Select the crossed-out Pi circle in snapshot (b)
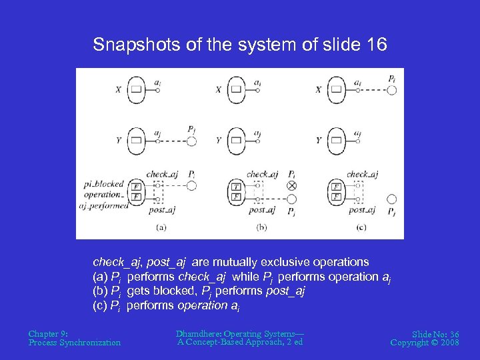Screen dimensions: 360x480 [291, 186]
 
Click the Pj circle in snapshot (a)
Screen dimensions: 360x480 [191, 141]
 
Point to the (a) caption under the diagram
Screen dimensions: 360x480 [161, 227]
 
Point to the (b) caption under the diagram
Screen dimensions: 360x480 [261, 227]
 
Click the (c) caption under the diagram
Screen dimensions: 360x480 [361, 227]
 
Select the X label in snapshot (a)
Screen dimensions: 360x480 [117, 89]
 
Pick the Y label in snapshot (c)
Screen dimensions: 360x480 [319, 141]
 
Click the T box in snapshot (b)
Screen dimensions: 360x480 [235, 187]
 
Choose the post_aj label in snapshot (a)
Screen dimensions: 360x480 [162, 210]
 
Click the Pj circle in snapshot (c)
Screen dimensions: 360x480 [391, 199]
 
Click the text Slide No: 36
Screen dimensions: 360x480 [435, 333]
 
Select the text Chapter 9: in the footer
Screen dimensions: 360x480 [48, 333]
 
